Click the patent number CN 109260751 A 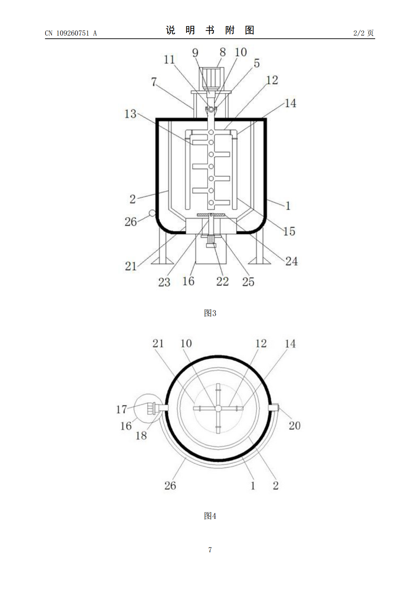tap(71, 33)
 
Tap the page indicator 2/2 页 tap(363, 33)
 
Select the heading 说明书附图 tap(210, 30)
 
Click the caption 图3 tap(210, 313)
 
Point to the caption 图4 tap(210, 516)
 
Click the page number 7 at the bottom tap(210, 550)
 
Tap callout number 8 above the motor tap(223, 52)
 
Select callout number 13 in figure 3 tap(130, 114)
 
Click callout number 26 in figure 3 tap(131, 222)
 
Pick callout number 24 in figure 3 tap(291, 261)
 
